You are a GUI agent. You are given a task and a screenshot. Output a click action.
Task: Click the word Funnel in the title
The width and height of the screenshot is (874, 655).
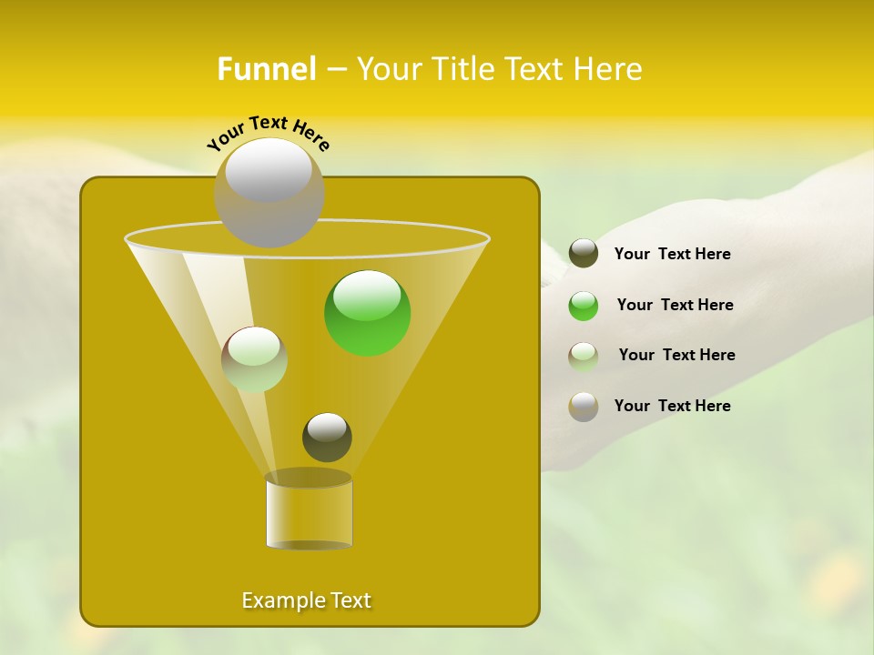pos(266,69)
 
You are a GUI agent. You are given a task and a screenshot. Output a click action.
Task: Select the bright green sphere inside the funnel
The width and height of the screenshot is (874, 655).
pos(367,313)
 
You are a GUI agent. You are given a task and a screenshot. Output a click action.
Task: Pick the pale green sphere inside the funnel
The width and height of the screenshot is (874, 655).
pos(254,359)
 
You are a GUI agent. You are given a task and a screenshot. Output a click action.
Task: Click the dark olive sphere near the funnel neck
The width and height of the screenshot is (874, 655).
pos(327,438)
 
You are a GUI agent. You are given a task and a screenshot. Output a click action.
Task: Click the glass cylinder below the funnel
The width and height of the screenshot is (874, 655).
pos(309,513)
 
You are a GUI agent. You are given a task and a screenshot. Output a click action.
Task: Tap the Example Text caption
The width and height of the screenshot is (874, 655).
pos(306,600)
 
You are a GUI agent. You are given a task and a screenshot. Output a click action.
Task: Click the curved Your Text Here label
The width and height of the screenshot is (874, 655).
pos(269,132)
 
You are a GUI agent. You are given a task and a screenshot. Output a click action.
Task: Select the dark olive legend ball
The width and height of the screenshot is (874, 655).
pos(584,254)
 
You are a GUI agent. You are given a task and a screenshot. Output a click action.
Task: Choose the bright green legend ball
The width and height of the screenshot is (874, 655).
pos(584,306)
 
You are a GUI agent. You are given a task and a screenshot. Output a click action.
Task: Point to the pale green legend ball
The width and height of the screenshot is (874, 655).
pos(584,356)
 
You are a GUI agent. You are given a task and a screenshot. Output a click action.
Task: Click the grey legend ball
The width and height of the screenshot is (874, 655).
pos(584,407)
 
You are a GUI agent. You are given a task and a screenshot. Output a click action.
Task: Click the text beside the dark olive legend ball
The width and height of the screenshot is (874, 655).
pos(672,255)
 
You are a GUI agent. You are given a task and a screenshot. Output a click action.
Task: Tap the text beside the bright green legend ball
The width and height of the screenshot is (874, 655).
pos(675,306)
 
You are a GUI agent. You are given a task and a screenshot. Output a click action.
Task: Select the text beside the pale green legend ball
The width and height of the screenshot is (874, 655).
pos(676,356)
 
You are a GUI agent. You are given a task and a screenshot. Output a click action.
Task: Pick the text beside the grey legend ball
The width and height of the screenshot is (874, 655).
pos(672,407)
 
